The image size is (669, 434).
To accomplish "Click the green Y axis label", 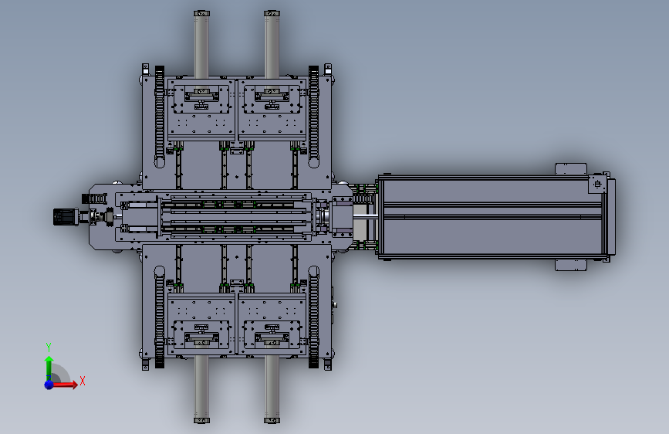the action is [49, 347].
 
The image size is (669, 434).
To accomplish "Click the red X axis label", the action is [83, 381].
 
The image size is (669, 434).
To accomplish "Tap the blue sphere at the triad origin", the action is [49, 385].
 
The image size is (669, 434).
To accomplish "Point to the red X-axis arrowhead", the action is [75, 385].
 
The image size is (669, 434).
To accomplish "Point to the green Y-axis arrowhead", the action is [49, 360].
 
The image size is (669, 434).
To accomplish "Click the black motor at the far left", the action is [65, 217].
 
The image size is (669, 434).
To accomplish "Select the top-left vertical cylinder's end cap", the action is [202, 14].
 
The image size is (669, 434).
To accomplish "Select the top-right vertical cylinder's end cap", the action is [272, 14].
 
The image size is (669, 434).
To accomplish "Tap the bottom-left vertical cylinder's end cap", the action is [202, 420].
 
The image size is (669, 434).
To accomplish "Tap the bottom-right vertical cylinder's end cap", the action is [272, 420].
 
